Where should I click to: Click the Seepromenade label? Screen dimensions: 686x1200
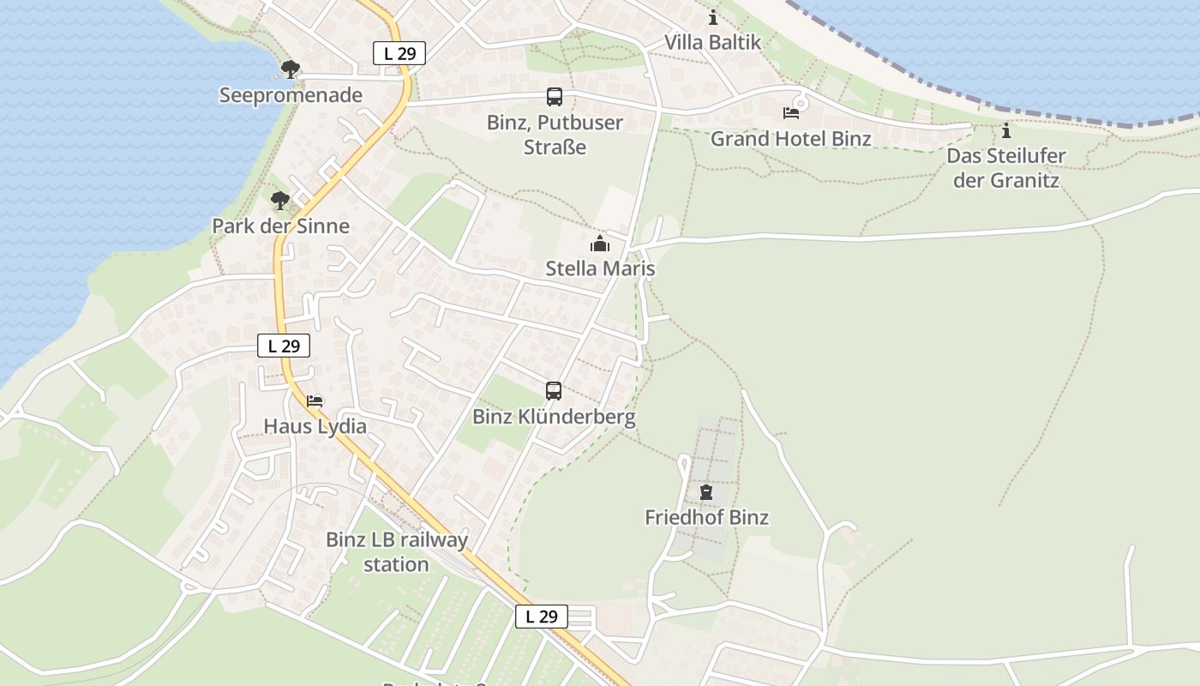coord(291,95)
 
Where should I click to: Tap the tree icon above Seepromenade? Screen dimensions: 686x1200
coord(291,69)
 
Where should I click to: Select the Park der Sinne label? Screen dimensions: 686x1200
coord(281,226)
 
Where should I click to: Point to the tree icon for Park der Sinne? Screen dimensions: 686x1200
coord(279,201)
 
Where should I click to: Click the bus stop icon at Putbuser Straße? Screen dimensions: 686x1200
coord(555,97)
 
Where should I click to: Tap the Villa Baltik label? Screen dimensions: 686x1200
coord(712,42)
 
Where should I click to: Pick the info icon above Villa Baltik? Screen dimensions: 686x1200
coord(713,17)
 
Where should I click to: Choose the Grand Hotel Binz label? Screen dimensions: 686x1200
coord(790,139)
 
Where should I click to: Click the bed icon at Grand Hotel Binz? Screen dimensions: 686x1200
coord(790,113)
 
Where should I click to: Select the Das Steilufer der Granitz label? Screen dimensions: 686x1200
coord(1006,168)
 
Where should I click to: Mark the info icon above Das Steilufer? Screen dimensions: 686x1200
coord(1006,131)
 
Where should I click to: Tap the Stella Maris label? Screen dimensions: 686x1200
coord(600,268)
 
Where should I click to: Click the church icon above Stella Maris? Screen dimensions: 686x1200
coord(599,244)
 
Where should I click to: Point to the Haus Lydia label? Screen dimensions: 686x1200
coord(315,426)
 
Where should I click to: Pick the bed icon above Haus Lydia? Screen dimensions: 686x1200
coord(315,400)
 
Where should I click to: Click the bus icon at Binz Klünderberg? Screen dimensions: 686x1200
coord(554,391)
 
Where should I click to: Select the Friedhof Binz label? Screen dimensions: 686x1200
coord(706,517)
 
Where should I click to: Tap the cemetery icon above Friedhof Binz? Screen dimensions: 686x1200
coord(705,492)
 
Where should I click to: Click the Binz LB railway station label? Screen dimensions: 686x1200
coord(397,551)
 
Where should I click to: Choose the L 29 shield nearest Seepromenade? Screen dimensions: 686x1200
coord(399,53)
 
